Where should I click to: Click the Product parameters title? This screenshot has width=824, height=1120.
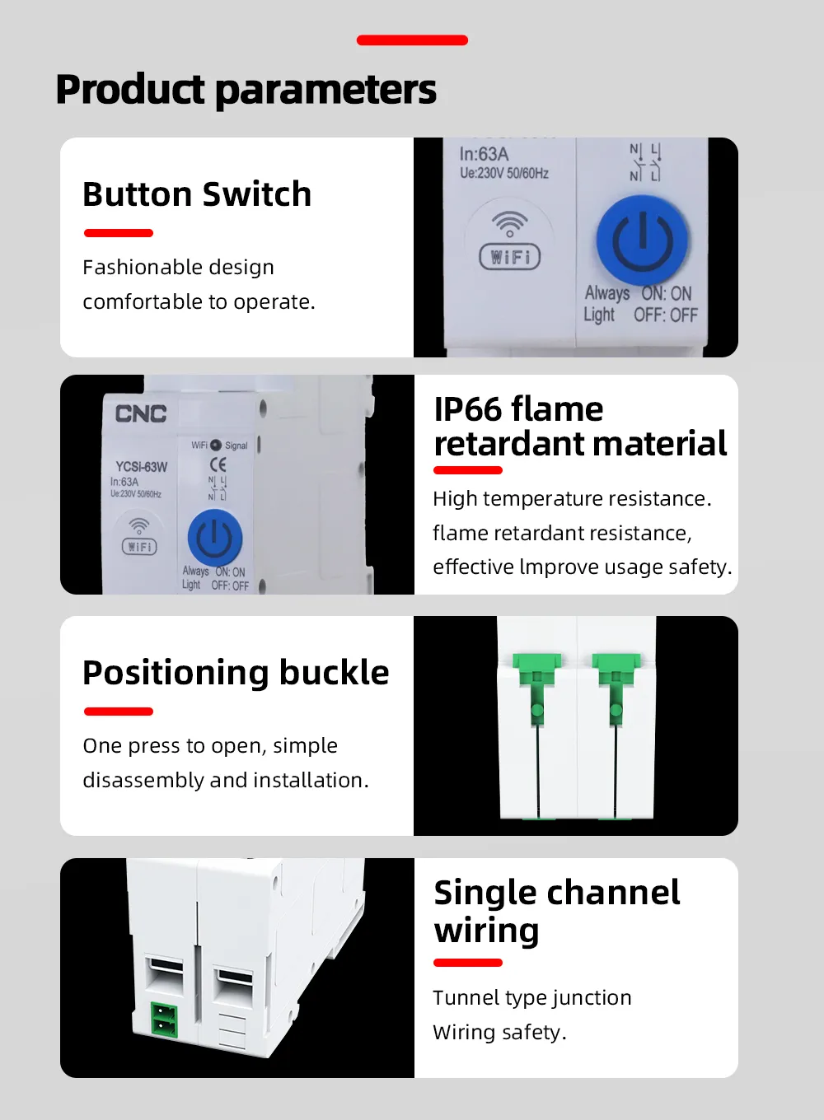pos(246,90)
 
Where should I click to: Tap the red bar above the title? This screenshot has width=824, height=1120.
pos(412,40)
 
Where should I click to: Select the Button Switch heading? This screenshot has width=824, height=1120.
pos(197,194)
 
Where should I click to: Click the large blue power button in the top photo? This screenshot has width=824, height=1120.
pos(642,241)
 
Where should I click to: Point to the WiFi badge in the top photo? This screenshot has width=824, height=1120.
pos(509,256)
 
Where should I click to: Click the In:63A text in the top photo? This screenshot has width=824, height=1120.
pos(484,154)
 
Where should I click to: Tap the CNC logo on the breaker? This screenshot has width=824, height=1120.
pos(141,414)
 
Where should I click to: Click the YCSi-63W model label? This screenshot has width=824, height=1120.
pos(142,467)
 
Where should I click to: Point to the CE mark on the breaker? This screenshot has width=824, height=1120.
pos(218,465)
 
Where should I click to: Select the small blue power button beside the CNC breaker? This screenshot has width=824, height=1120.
pos(215,539)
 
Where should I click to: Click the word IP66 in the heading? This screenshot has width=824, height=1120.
pos(468,409)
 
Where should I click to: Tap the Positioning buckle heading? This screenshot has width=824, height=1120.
pos(236,673)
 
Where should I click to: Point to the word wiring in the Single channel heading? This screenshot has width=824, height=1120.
pos(487,931)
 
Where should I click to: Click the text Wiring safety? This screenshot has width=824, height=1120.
pos(500,1033)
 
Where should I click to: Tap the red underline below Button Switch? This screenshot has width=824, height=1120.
pos(119,233)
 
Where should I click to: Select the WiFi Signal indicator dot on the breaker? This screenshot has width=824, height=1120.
pos(216,445)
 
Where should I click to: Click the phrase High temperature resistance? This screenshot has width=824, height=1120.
pos(572,499)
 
